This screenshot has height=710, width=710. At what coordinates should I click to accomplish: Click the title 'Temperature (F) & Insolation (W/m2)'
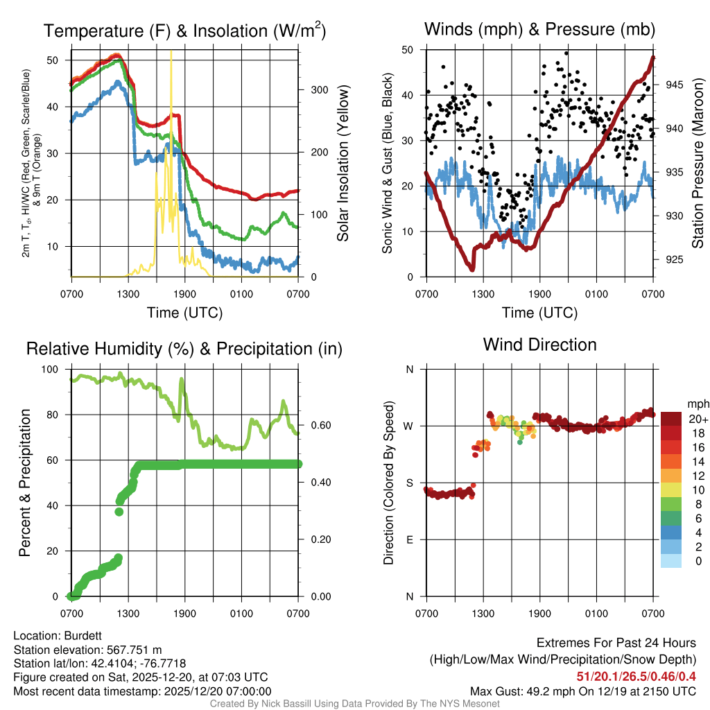185,31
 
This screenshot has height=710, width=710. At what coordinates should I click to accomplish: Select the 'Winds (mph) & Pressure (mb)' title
539,29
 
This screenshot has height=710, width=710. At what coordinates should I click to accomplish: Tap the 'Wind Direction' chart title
539,345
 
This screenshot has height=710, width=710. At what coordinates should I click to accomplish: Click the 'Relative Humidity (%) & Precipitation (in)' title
184,349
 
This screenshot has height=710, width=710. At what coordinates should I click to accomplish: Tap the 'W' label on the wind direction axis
410,426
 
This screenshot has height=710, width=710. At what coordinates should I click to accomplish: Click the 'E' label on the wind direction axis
410,539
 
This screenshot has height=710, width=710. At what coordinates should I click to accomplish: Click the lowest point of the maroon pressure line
472,268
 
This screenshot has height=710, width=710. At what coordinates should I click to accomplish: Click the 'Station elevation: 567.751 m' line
87,650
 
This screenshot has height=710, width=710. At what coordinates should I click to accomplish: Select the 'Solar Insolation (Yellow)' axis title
343,163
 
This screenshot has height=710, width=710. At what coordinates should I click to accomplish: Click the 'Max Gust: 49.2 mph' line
583,691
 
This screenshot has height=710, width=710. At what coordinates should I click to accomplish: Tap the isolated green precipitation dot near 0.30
119,512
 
